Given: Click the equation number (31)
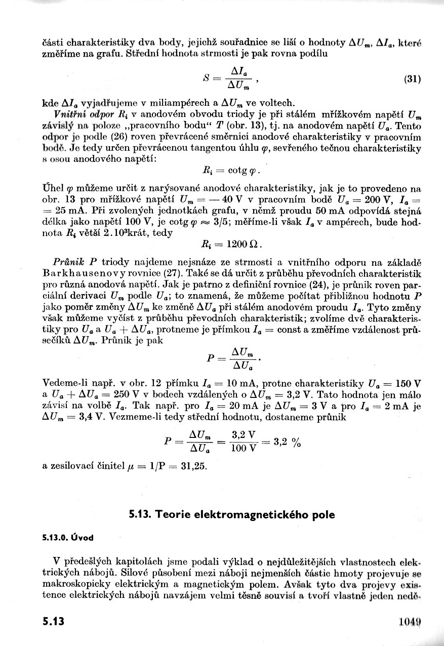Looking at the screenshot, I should pyautogui.click(x=413, y=79).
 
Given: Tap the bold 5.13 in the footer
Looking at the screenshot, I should pyautogui.click(x=53, y=621).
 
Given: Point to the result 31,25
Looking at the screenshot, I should pyautogui.click(x=194, y=466).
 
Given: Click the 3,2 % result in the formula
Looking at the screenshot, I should pyautogui.click(x=287, y=441).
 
